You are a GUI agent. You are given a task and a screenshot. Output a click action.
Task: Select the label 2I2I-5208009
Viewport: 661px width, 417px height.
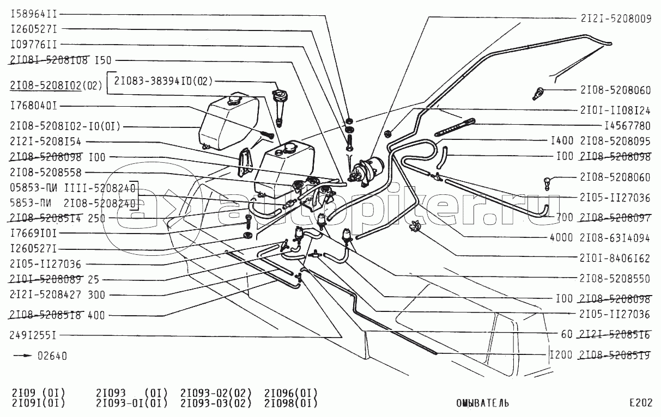tap(615, 18)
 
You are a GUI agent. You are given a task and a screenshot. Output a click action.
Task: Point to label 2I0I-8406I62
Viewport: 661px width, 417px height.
tap(615, 258)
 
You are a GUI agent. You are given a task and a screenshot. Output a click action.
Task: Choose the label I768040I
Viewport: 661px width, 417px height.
tap(33, 106)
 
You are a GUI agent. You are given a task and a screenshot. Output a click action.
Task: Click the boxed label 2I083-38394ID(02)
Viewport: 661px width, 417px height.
tap(162, 81)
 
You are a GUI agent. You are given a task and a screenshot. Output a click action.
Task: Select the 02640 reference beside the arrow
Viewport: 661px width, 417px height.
tap(52, 357)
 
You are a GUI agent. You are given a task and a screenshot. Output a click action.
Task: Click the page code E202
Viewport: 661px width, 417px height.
tap(640, 403)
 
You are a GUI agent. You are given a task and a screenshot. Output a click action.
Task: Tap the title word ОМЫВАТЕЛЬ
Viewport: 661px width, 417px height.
tap(482, 403)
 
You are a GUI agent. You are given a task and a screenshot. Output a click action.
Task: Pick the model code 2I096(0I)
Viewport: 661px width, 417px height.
tap(290, 393)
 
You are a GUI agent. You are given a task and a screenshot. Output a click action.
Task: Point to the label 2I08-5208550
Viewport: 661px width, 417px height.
tap(615, 279)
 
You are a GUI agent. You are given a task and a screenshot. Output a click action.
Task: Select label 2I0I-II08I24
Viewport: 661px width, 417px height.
tap(615, 109)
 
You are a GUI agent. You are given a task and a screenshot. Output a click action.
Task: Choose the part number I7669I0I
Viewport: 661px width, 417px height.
tap(33, 233)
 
